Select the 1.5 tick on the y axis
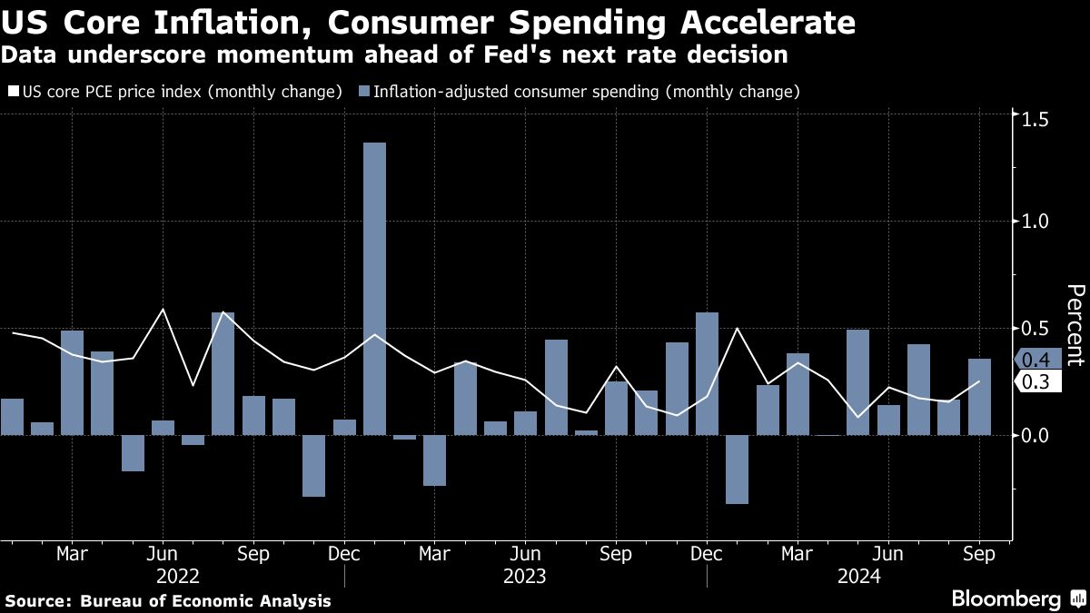pos(1036,120)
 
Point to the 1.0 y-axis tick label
pos(1036,222)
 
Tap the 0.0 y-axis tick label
pos(1036,436)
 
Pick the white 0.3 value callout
pos(1035,382)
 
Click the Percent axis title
pos(1075,324)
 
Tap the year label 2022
pos(178,576)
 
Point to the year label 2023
pos(524,576)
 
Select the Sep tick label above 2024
pos(978,554)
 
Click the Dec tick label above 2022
pos(343,554)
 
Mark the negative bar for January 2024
pos(737,470)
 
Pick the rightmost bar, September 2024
pos(979,397)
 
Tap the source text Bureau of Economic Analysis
pos(205,601)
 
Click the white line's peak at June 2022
pos(163,310)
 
